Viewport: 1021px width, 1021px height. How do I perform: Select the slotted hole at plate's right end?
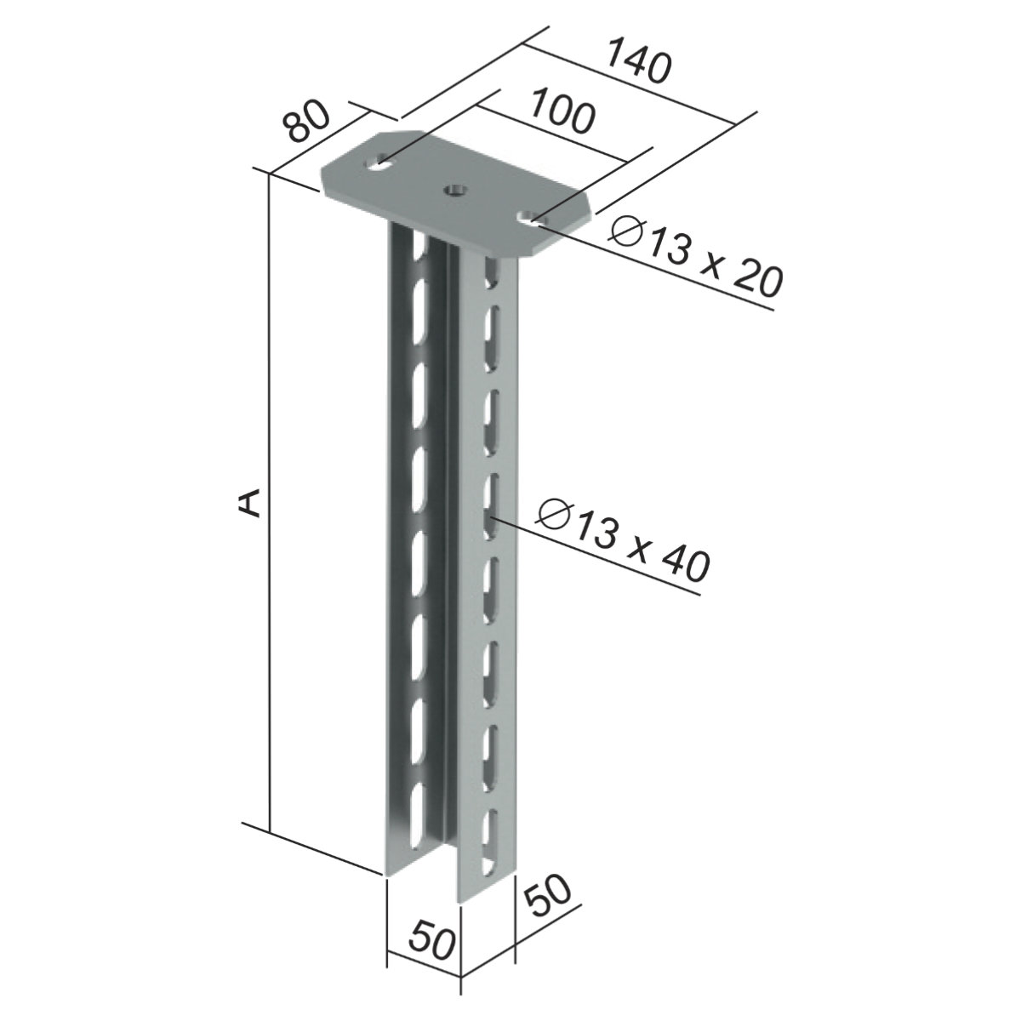pyautogui.click(x=532, y=217)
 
